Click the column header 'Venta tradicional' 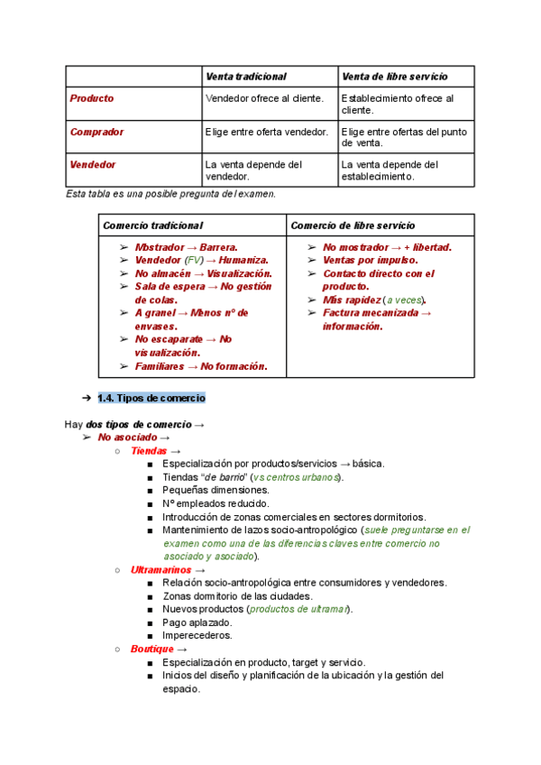(246, 77)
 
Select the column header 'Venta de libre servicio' (394, 77)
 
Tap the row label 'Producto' (92, 98)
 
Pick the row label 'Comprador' (96, 132)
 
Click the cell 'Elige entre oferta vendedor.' (267, 132)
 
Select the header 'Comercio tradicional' (152, 225)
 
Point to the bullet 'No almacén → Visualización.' (203, 273)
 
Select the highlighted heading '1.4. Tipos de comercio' (151, 398)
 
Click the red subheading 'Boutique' (151, 649)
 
